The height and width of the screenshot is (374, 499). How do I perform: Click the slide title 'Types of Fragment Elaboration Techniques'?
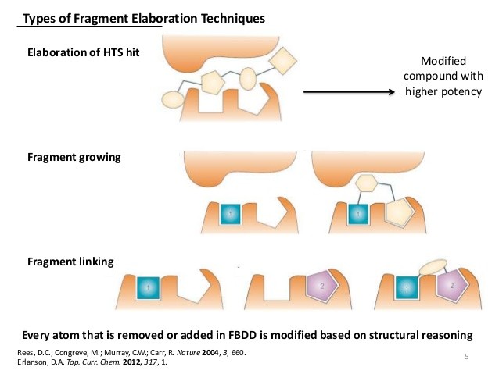(144, 19)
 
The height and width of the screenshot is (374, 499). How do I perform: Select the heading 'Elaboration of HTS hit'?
(84, 52)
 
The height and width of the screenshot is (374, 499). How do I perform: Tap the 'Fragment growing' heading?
(74, 158)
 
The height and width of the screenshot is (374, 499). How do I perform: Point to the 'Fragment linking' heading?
(70, 262)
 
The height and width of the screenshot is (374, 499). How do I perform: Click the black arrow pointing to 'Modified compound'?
(349, 92)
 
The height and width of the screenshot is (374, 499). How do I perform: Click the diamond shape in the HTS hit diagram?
(282, 61)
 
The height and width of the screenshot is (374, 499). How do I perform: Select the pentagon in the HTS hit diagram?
(213, 82)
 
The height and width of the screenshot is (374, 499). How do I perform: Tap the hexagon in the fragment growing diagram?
(366, 183)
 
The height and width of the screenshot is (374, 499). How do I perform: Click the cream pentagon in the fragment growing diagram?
(399, 212)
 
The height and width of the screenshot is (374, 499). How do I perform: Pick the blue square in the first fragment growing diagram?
(231, 215)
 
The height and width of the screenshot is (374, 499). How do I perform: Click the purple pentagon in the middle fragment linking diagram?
(322, 287)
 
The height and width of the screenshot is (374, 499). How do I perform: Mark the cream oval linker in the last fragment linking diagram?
(433, 267)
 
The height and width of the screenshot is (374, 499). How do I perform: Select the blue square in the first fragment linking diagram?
(148, 288)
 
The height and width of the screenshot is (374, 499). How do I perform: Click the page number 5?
(466, 357)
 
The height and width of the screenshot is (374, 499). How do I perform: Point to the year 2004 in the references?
(210, 353)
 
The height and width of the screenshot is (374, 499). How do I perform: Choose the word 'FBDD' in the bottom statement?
(242, 335)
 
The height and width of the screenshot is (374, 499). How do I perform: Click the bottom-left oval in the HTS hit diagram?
(173, 100)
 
